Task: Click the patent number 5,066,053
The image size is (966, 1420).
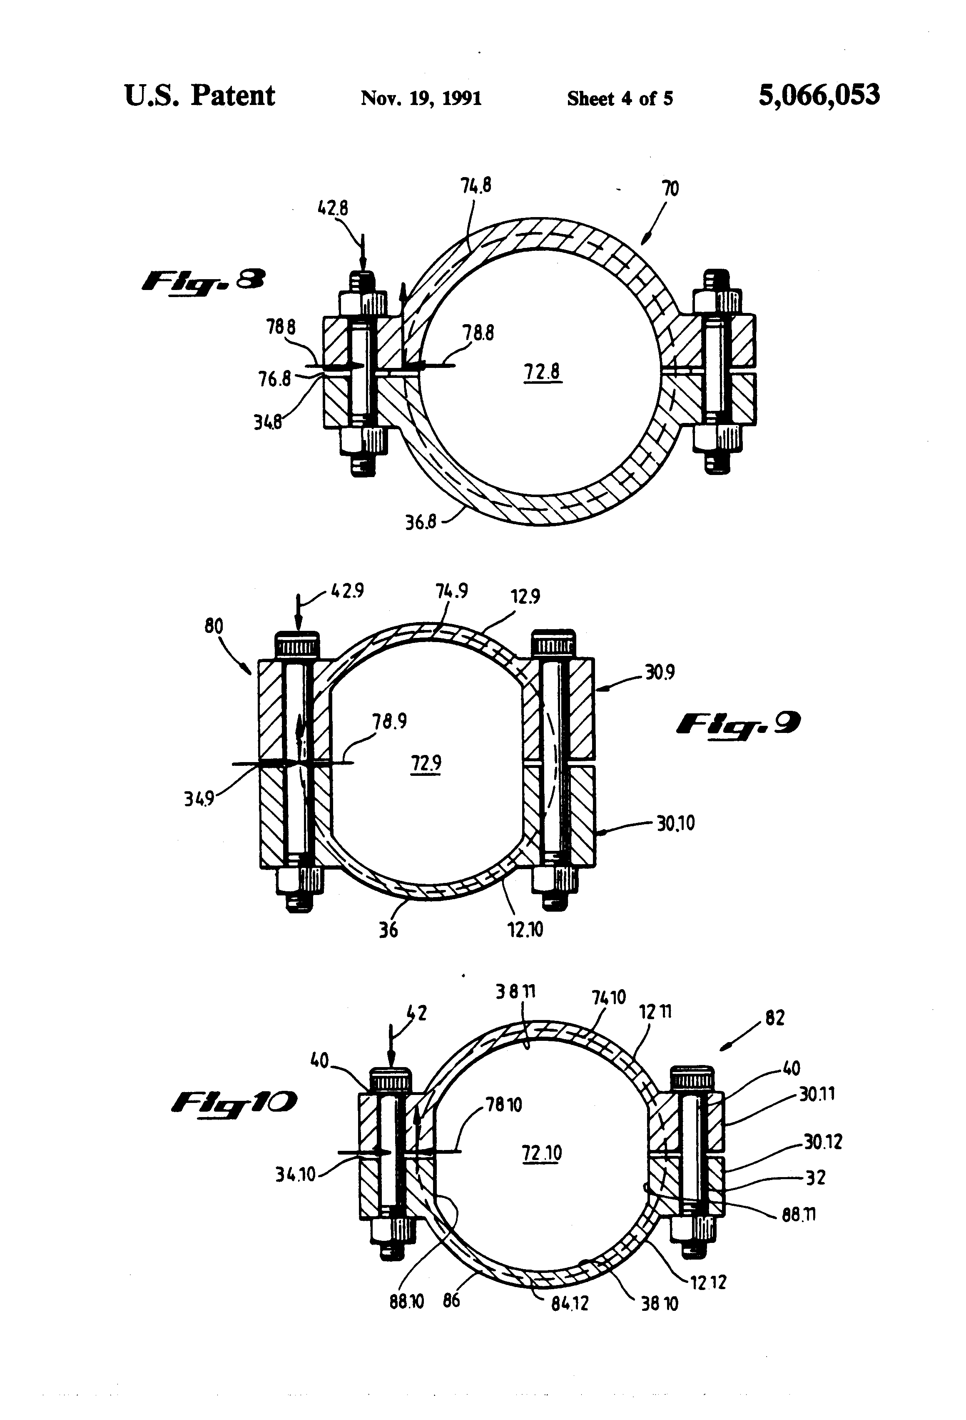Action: [819, 96]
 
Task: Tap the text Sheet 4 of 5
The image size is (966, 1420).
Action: [620, 98]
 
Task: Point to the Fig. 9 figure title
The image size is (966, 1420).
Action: [738, 725]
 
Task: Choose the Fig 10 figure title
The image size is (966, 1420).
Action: [234, 1102]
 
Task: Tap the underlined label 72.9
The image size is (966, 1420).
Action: [426, 763]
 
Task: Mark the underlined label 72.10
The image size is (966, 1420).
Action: [542, 1153]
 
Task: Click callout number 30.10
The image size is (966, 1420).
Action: [675, 824]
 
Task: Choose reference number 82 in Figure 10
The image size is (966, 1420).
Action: [774, 1018]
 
